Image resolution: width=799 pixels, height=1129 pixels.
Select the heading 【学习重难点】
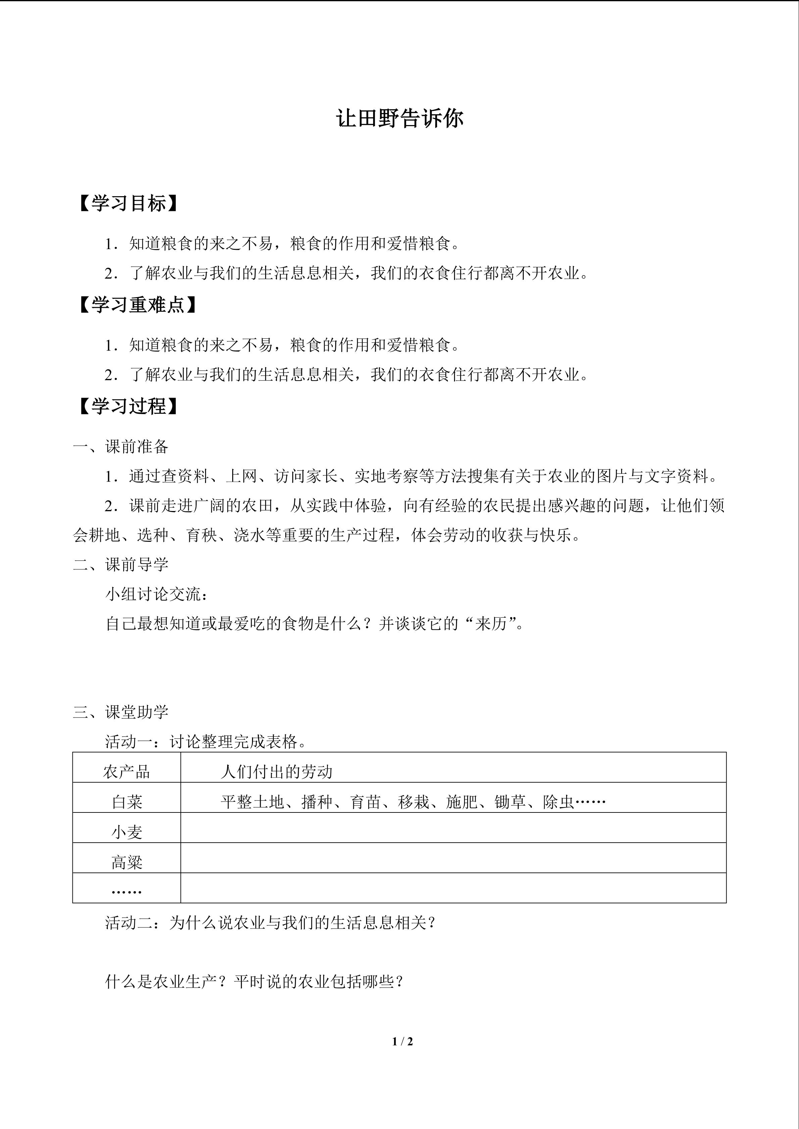click(x=137, y=305)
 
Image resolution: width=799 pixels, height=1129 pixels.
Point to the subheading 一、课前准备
click(x=121, y=447)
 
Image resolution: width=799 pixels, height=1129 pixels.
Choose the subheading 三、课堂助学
click(x=121, y=712)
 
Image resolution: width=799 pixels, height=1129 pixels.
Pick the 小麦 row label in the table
click(x=127, y=832)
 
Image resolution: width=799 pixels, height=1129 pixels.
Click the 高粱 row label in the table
click(x=127, y=862)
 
